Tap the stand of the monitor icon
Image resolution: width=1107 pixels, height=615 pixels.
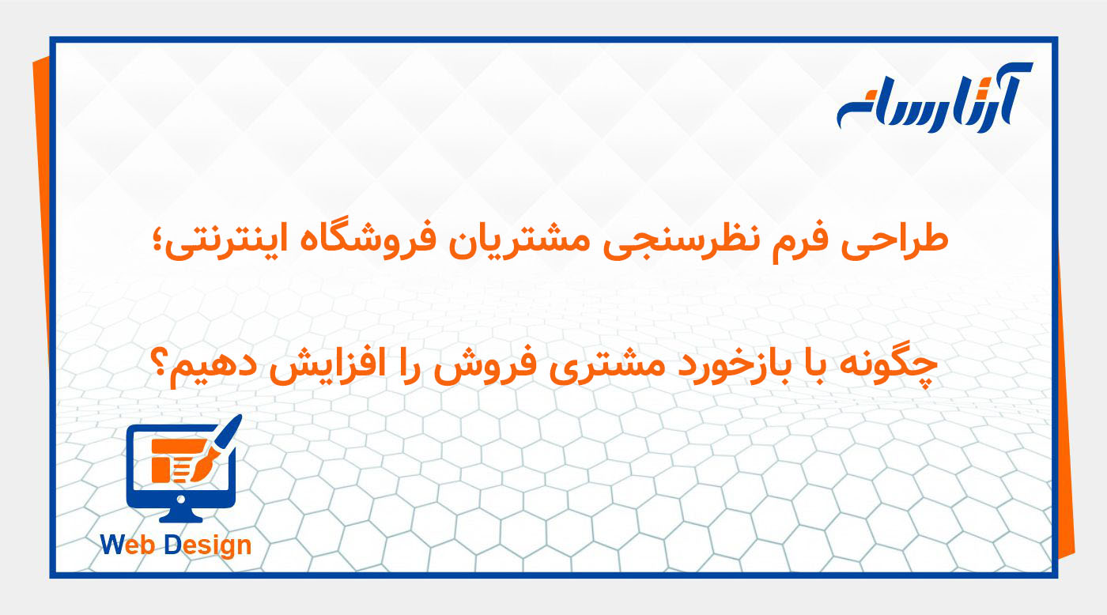point(181,514)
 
